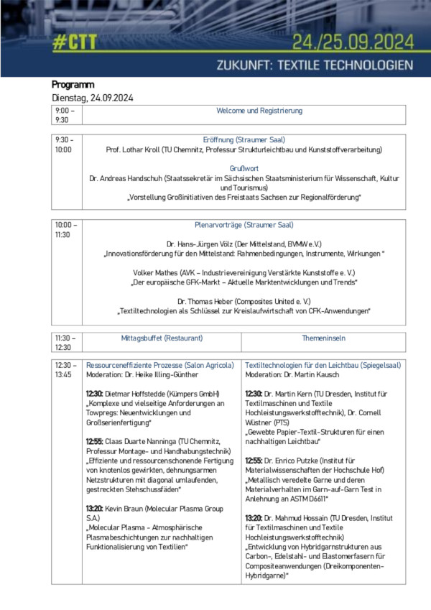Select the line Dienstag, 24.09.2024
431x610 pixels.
point(93,98)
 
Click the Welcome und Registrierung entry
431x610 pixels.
point(259,111)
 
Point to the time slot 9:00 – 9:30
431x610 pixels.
point(64,115)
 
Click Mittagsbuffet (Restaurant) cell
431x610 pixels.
point(162,338)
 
